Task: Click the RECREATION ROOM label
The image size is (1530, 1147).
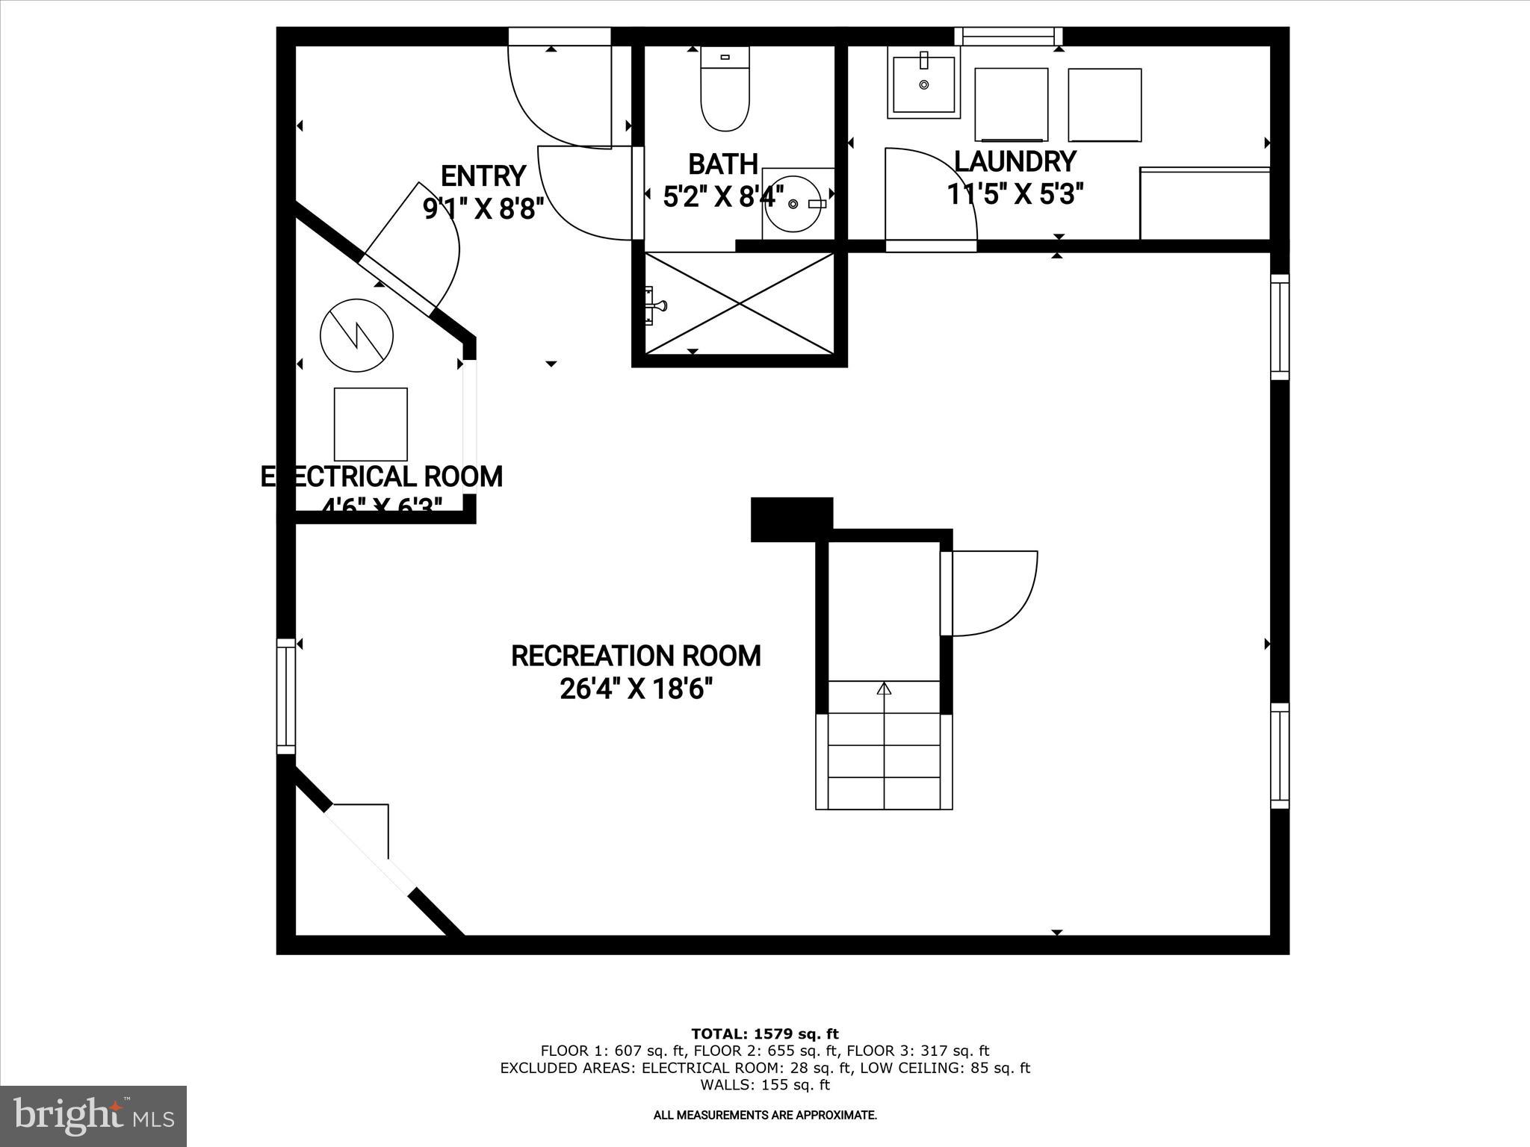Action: [636, 656]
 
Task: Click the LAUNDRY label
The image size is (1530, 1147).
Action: [1015, 161]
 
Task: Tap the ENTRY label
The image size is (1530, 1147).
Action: [483, 176]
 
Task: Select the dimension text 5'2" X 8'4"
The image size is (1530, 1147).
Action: [723, 197]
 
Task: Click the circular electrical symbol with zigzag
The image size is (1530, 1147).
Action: [357, 335]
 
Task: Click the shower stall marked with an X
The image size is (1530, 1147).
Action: [739, 303]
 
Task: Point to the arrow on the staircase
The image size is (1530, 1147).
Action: [884, 688]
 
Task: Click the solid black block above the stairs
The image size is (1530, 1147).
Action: [791, 517]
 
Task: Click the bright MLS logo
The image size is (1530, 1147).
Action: [93, 1115]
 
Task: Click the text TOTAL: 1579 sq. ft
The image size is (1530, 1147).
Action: [764, 1034]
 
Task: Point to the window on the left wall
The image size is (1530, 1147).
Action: [286, 696]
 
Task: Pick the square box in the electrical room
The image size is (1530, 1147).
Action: [371, 424]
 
